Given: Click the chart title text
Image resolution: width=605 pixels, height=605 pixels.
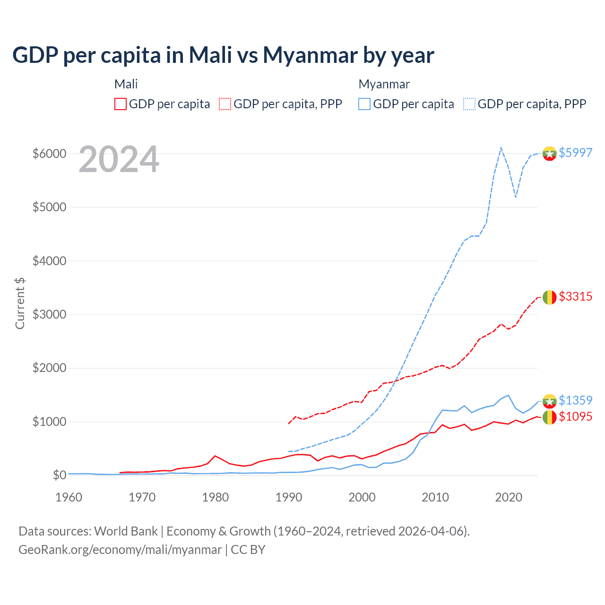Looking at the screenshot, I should click(x=223, y=55).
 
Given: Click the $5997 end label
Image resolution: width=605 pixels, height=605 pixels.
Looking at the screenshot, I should click(x=575, y=153).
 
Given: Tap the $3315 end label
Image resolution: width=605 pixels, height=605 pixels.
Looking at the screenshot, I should click(x=575, y=296).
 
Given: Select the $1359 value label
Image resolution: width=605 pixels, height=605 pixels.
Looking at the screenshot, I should click(x=575, y=400).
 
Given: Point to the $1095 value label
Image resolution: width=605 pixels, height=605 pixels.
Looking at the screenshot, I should click(x=575, y=416).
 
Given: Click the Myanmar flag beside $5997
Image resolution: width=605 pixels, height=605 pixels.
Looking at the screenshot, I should click(x=549, y=153).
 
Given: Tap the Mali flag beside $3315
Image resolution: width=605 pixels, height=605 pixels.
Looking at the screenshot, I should click(x=549, y=297).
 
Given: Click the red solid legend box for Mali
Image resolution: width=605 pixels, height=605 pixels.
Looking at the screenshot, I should click(x=121, y=104).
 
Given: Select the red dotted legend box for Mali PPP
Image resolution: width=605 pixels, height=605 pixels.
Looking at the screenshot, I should click(x=225, y=104).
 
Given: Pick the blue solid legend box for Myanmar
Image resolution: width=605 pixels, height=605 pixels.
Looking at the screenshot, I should click(x=364, y=104).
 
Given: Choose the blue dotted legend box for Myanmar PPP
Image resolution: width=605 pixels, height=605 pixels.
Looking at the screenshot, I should click(x=469, y=104).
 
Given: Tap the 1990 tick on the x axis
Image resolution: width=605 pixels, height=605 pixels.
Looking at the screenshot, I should click(x=289, y=497).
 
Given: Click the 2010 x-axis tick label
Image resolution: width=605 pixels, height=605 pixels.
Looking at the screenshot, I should click(x=435, y=497).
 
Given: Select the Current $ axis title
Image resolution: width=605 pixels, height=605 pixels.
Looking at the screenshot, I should click(x=20, y=303).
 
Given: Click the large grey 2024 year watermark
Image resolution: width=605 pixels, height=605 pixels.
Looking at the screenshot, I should click(x=119, y=160).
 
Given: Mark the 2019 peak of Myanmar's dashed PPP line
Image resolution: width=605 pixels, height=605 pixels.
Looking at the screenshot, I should click(x=501, y=147).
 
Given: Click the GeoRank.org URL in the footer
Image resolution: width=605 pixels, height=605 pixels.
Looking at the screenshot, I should click(x=120, y=550).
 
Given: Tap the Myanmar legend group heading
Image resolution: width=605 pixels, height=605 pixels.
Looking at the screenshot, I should click(x=384, y=84).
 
